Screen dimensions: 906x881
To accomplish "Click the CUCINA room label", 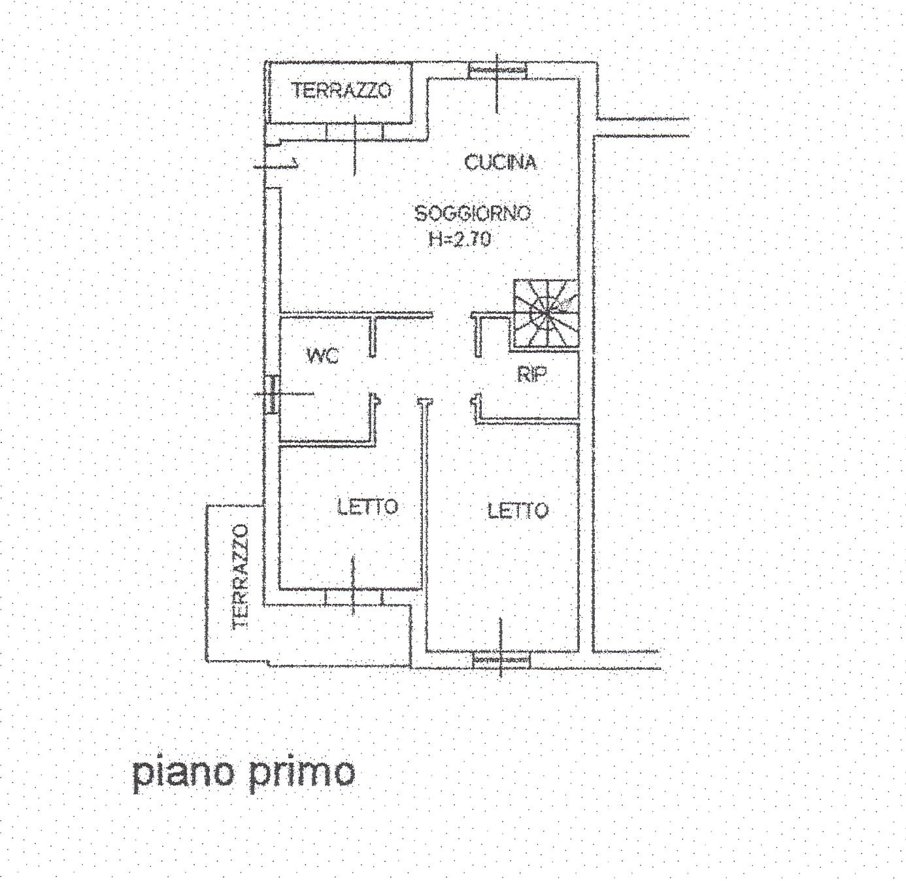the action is coord(501,163).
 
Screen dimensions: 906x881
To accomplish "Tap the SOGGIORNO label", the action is coord(473,214).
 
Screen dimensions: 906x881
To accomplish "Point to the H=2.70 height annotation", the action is coord(460,239).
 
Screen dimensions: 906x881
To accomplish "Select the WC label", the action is coord(322,356).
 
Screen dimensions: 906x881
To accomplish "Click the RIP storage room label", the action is coord(532,374).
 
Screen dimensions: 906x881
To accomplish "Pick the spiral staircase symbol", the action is coord(546,314).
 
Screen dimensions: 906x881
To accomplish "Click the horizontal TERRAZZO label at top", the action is coord(341,90).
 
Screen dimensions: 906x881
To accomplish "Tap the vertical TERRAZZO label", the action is coord(241,577).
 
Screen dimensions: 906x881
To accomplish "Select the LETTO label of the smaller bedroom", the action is coord(368,507).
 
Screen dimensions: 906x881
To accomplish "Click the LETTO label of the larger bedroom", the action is coord(518,511).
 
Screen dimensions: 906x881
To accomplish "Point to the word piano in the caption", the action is coord(182,773).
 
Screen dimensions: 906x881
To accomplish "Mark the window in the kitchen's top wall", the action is coord(497,71).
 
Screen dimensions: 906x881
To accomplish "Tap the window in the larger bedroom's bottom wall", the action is coord(501,660).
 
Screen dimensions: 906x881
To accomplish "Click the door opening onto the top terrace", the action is coord(354,131).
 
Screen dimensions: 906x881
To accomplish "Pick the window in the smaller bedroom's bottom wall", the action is coord(353,597).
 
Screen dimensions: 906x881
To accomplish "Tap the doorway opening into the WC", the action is coord(373,375).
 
